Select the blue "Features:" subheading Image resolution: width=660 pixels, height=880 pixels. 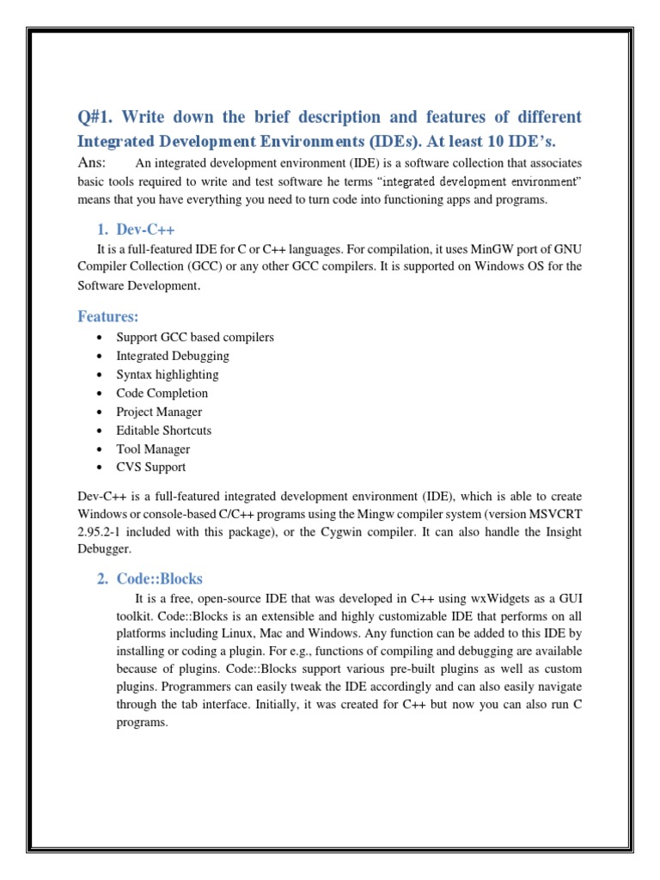pos(108,316)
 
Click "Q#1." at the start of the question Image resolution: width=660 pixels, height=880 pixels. pos(101,117)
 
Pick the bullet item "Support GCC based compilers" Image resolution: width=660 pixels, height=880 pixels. pos(195,337)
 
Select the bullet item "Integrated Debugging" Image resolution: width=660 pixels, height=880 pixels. pos(173,356)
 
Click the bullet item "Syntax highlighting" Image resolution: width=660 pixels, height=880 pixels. pos(168,375)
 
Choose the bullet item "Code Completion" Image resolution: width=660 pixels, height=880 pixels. pos(162,394)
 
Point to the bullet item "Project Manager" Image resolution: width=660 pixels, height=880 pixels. pos(159,412)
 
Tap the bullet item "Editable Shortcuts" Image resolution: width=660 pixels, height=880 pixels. pos(163,431)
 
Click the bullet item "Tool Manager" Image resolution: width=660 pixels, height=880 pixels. pos(153,449)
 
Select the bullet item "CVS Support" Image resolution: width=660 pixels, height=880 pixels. pos(150,467)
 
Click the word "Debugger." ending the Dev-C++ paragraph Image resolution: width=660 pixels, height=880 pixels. pos(104,548)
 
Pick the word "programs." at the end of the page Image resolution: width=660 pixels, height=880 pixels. pos(142,723)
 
